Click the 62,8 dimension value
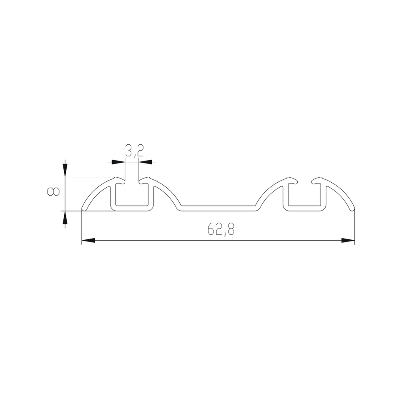[x=221, y=229]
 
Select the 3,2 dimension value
[x=135, y=151]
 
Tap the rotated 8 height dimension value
[x=53, y=191]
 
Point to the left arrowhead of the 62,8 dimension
[x=88, y=241]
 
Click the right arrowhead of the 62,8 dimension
[x=348, y=241]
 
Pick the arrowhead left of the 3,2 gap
[x=118, y=162]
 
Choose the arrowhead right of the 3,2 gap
[x=146, y=162]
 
